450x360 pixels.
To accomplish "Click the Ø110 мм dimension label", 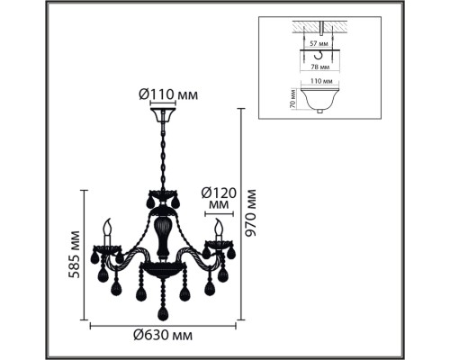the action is pyautogui.click(x=168, y=94).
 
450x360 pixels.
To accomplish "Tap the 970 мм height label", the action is pyautogui.click(x=250, y=212).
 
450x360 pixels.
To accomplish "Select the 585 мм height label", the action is pyautogui.click(x=74, y=255).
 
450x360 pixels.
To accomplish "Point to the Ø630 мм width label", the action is pyautogui.click(x=163, y=335).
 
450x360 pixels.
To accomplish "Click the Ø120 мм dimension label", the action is pyautogui.click(x=219, y=199).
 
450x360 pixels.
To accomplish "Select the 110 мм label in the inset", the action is pyautogui.click(x=321, y=81).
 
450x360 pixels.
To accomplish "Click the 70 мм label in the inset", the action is pyautogui.click(x=293, y=99).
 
